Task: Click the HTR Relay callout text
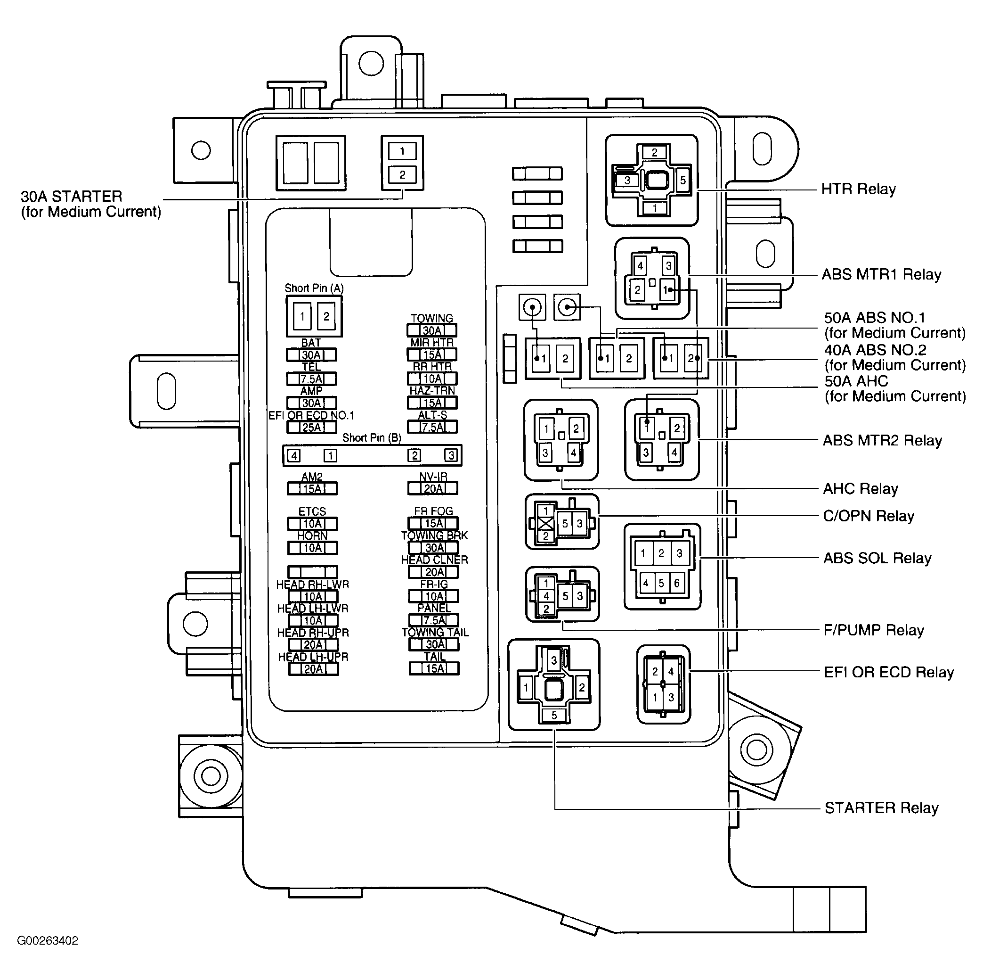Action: coord(858,189)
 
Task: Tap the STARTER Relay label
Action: coord(881,808)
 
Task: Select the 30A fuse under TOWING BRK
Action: coord(434,548)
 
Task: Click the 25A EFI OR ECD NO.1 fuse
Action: coord(311,427)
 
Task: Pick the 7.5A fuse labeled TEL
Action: coord(311,379)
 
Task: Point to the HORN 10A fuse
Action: coord(312,548)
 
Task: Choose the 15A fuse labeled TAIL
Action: coord(434,668)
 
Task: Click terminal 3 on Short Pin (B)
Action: coord(451,455)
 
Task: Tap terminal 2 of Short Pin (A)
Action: coord(326,316)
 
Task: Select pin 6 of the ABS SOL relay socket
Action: coord(677,583)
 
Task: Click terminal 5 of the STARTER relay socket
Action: coord(554,715)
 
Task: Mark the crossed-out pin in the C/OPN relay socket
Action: coord(546,523)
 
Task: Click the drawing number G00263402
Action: coord(48,941)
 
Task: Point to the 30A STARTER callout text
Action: coord(90,204)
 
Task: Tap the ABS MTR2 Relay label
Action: coord(882,440)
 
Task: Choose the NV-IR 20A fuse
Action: coord(433,489)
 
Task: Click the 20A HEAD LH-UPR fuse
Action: coord(313,669)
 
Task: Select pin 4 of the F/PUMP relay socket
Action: coord(546,596)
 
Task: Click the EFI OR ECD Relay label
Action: coord(888,673)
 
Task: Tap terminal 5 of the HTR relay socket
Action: coord(683,180)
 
